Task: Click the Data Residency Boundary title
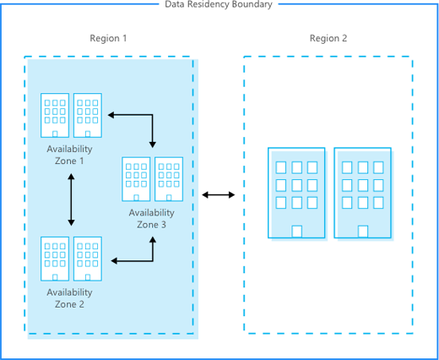pyautogui.click(x=219, y=4)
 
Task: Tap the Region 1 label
pyautogui.click(x=108, y=38)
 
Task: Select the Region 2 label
pyautogui.click(x=328, y=38)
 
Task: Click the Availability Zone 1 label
pyautogui.click(x=69, y=155)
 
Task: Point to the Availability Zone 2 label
pyautogui.click(x=69, y=298)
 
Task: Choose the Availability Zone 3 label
pyautogui.click(x=152, y=218)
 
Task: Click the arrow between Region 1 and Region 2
pyautogui.click(x=219, y=194)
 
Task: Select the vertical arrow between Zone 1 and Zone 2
pyautogui.click(x=71, y=199)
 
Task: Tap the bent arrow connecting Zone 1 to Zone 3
pyautogui.click(x=152, y=115)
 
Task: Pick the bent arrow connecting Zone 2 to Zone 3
pyautogui.click(x=153, y=261)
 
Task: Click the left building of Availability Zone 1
pyautogui.click(x=55, y=115)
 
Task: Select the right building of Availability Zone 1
pyautogui.click(x=88, y=115)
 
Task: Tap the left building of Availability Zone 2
pyautogui.click(x=55, y=259)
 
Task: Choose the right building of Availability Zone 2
pyautogui.click(x=88, y=259)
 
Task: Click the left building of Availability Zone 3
pyautogui.click(x=136, y=179)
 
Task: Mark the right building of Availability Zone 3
pyautogui.click(x=169, y=179)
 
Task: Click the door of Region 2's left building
pyautogui.click(x=297, y=232)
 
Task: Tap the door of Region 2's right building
pyautogui.click(x=363, y=232)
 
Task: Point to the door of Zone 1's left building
pyautogui.click(x=55, y=134)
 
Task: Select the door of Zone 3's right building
pyautogui.click(x=169, y=198)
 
